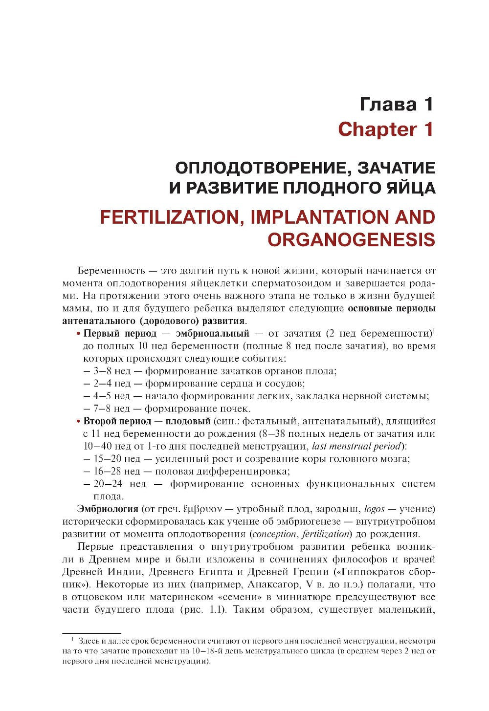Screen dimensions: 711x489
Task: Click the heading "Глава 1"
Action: pyautogui.click(x=397, y=104)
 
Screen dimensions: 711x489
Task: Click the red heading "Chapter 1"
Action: pyautogui.click(x=386, y=129)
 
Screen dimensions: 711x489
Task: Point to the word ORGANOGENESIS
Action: pyautogui.click(x=351, y=239)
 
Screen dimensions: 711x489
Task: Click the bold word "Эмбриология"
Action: pyautogui.click(x=105, y=509)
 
